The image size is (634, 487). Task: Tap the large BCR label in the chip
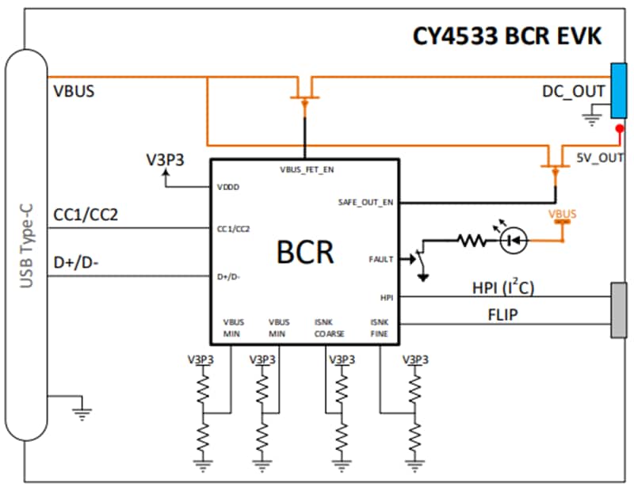tap(305, 252)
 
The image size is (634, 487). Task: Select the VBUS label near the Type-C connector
tap(74, 90)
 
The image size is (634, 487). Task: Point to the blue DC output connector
tap(618, 93)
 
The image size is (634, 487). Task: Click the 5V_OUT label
tap(600, 158)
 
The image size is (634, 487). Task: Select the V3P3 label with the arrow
tap(165, 158)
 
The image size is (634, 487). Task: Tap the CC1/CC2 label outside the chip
tap(86, 215)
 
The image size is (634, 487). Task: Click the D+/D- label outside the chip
tap(76, 262)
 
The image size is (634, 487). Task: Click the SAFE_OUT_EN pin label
tap(365, 202)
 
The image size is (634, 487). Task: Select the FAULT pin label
tap(381, 259)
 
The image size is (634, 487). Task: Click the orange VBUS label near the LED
tap(563, 215)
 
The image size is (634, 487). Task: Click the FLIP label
tap(503, 314)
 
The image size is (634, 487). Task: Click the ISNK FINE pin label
tap(380, 328)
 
